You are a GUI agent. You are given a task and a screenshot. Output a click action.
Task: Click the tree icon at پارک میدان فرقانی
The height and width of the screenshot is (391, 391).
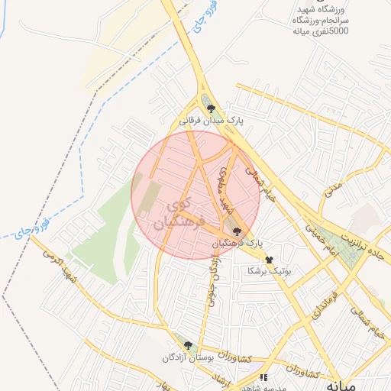(x=211, y=108)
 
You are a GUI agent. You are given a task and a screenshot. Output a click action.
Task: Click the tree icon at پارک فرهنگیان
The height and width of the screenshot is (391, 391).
(x=237, y=230)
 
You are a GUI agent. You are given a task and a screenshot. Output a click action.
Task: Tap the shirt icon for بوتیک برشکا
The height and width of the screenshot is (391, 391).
(x=268, y=260)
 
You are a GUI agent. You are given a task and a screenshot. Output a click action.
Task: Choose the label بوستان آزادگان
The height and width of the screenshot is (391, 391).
(x=187, y=357)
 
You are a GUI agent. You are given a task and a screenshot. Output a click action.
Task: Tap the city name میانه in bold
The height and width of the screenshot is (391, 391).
(x=341, y=385)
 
